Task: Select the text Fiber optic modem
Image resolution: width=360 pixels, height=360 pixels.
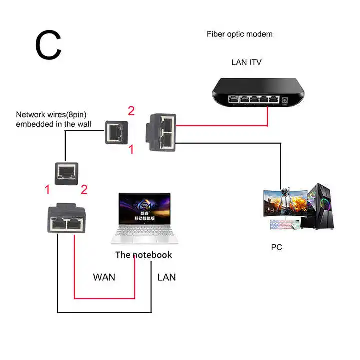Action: click(x=240, y=34)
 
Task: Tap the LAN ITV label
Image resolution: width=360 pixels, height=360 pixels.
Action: click(x=246, y=62)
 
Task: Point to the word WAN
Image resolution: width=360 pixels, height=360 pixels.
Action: click(x=104, y=277)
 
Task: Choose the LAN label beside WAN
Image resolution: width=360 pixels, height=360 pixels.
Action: click(x=166, y=277)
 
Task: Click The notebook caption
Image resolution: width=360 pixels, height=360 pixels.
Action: click(x=143, y=255)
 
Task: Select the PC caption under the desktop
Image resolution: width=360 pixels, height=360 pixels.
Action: click(x=276, y=247)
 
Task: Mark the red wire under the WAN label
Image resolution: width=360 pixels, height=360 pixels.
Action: click(x=104, y=298)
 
